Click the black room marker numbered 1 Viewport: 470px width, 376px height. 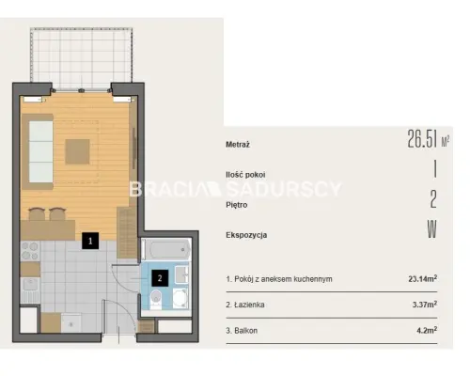(x=90, y=241)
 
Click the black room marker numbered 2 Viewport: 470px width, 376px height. (x=160, y=278)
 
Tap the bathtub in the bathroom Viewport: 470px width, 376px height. (x=166, y=249)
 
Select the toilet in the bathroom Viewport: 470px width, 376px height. (x=156, y=299)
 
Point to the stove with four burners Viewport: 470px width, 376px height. (x=30, y=251)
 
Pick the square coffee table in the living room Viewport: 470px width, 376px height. (x=77, y=152)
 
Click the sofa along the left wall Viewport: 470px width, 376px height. (x=38, y=151)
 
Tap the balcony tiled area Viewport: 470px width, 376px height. (x=81, y=58)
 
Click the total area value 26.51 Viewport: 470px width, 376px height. (x=422, y=138)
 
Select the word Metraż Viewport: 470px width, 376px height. (x=238, y=145)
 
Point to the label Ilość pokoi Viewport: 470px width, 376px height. (x=245, y=175)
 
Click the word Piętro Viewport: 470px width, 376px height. (x=237, y=205)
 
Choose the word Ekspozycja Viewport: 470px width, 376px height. (x=246, y=235)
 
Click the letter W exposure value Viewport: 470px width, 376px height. (x=432, y=229)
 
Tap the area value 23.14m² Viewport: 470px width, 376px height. (x=423, y=278)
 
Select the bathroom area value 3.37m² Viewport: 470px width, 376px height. (x=425, y=305)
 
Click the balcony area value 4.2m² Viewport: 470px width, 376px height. (x=427, y=330)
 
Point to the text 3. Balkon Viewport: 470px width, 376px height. (x=242, y=331)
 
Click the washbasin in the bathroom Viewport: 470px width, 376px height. (x=181, y=274)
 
